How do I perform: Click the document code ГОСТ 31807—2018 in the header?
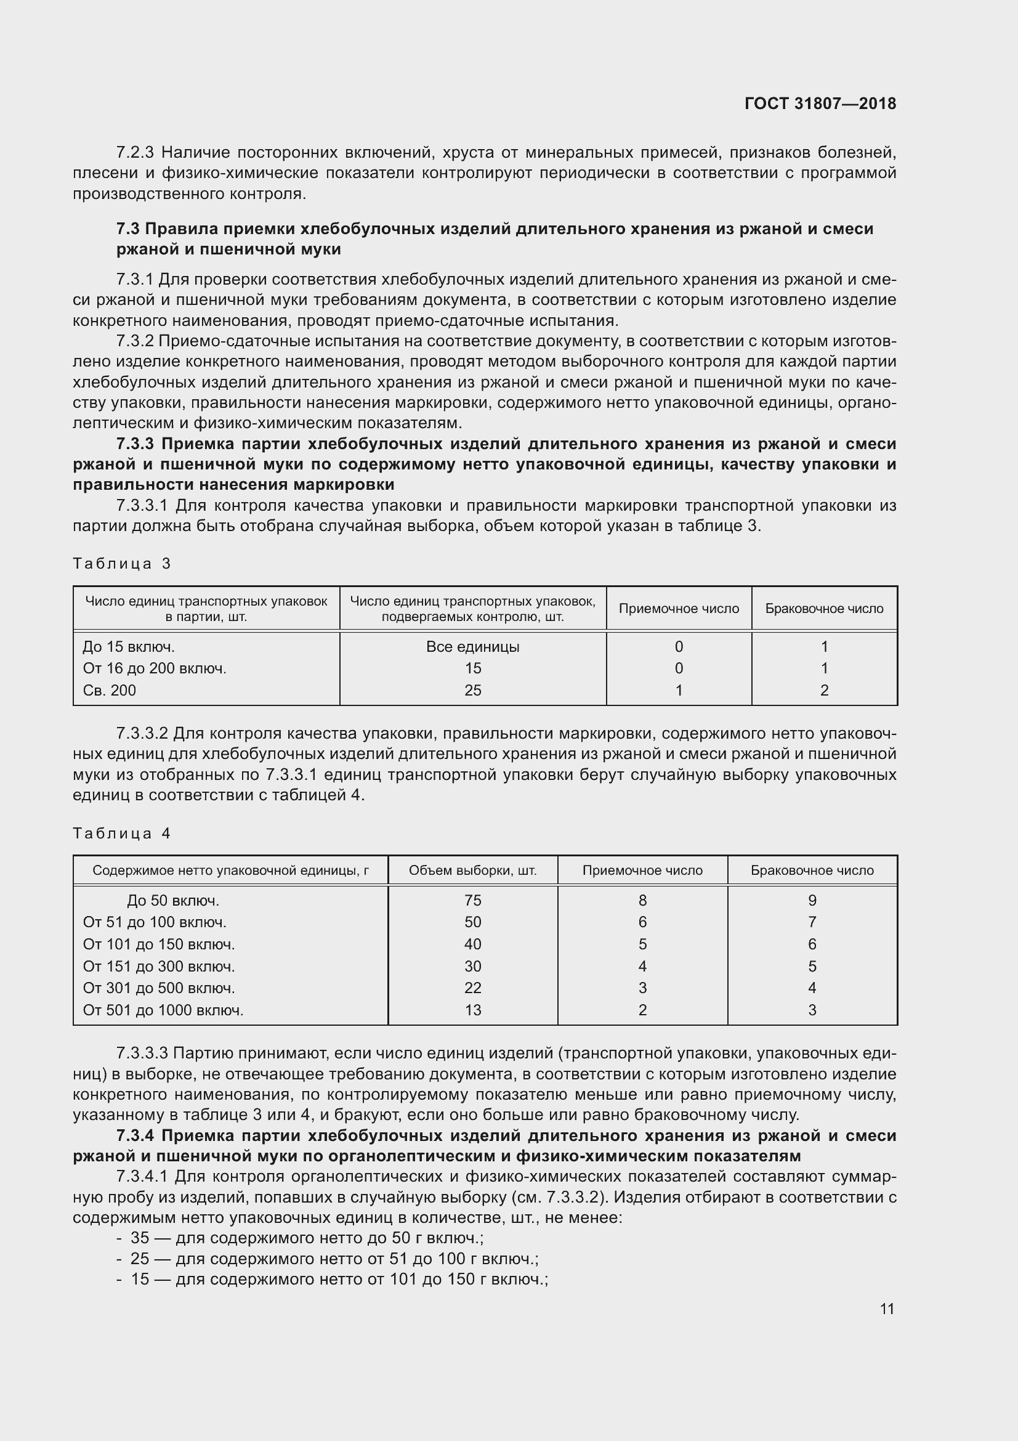tap(820, 104)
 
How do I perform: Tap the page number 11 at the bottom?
tap(886, 1309)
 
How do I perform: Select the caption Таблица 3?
tap(122, 563)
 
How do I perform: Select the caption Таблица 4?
tap(122, 833)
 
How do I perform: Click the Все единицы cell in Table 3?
tap(472, 646)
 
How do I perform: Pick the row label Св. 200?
tap(109, 691)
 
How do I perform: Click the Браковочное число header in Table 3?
tap(823, 608)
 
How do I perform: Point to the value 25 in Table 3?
tap(472, 691)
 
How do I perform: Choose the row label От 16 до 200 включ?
tap(155, 668)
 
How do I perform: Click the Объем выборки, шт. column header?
tap(472, 871)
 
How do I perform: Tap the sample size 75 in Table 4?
tap(472, 901)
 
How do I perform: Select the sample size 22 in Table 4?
tap(472, 988)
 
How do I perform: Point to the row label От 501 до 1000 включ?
tap(163, 1010)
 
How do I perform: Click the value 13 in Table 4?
tap(472, 1010)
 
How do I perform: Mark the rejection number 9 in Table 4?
tap(812, 901)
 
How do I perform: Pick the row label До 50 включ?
tap(172, 901)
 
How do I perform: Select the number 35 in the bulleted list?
tap(140, 1238)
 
